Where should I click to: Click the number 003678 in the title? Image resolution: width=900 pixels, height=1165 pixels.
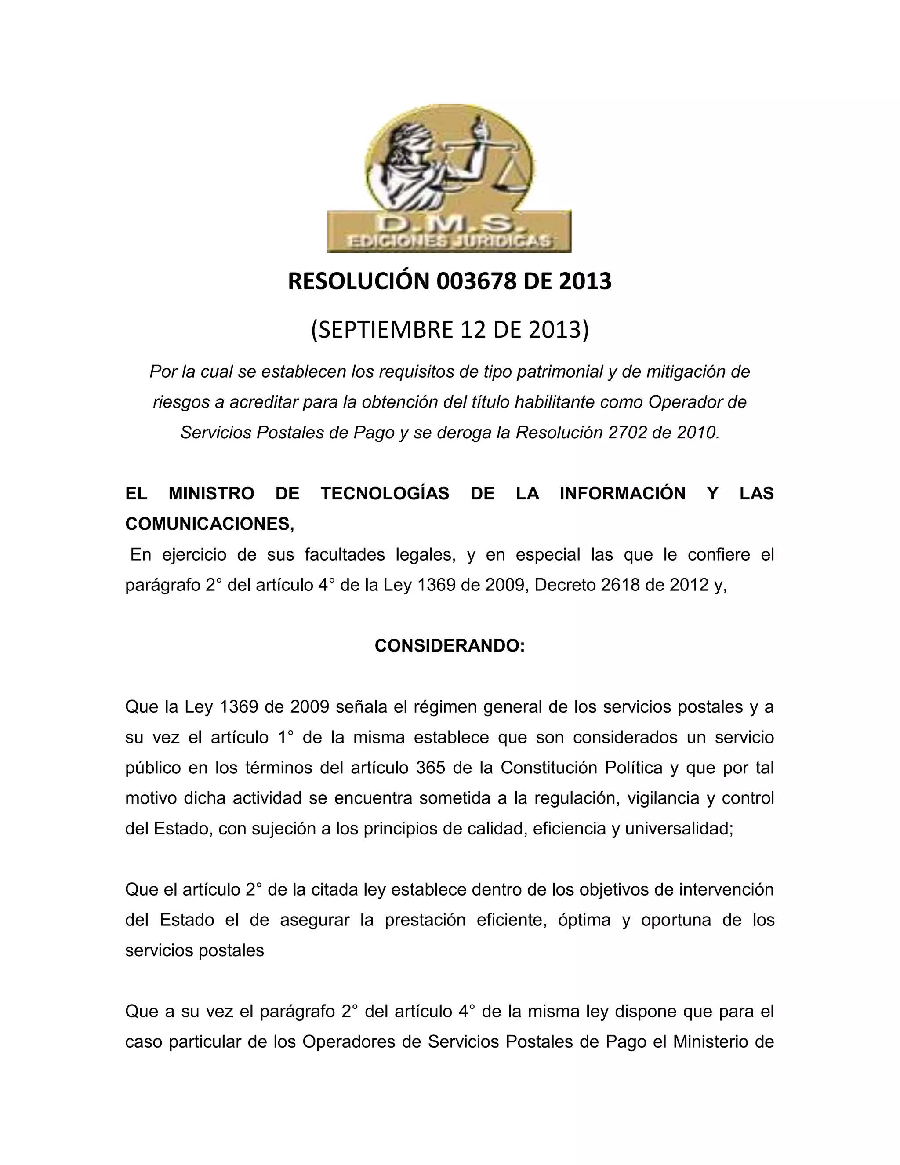click(x=476, y=281)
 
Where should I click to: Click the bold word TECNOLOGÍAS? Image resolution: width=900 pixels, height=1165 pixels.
click(x=385, y=493)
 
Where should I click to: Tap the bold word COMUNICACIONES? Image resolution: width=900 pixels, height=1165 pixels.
click(x=209, y=524)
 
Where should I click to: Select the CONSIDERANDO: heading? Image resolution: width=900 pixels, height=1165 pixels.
click(x=450, y=646)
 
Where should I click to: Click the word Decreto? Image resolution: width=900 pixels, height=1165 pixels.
click(x=565, y=585)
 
